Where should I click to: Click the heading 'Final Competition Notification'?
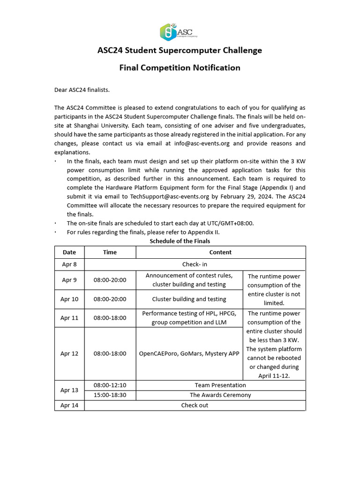coord(180,68)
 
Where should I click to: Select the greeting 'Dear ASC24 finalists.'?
coord(82,90)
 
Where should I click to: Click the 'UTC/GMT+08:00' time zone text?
coord(230,224)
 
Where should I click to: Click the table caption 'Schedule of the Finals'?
coord(180,241)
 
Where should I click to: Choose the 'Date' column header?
coord(69,252)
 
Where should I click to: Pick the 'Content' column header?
coord(220,252)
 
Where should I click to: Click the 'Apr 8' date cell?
coord(69,264)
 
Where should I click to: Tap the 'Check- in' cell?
coord(195,264)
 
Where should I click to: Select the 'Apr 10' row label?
coord(69,299)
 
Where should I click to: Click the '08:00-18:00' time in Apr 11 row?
coord(110,318)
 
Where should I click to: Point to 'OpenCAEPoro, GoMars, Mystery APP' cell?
coord(189,353)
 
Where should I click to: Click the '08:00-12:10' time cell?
coord(110,385)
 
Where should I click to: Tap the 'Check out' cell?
coord(195,405)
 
